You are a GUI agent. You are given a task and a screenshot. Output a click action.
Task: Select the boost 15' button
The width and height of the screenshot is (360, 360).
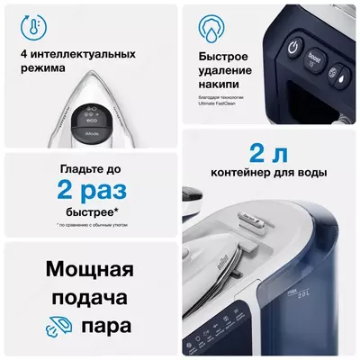coord(313,62)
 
